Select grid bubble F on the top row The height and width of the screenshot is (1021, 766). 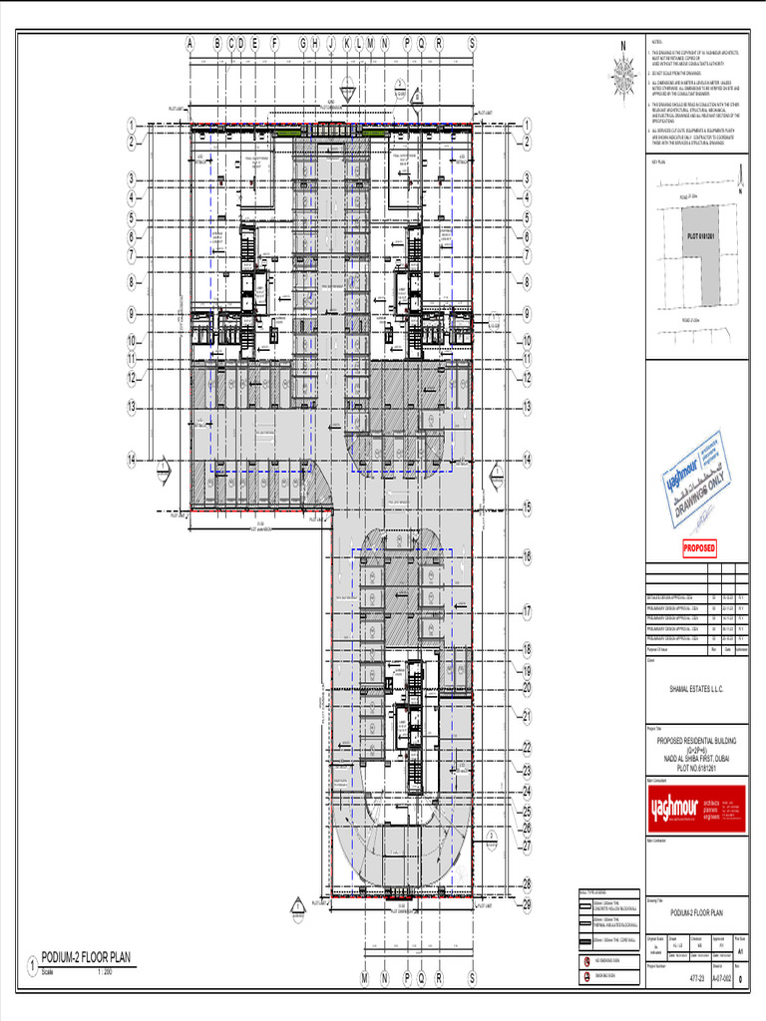[275, 43]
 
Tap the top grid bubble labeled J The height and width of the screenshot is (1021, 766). [330, 43]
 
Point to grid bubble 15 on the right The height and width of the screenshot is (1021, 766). [526, 508]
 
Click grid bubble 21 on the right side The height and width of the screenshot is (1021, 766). [526, 716]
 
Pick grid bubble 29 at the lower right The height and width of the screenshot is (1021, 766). [526, 904]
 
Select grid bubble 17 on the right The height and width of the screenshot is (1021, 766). [526, 612]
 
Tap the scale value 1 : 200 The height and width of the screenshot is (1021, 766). [105, 971]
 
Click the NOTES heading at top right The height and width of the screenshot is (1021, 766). [655, 44]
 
